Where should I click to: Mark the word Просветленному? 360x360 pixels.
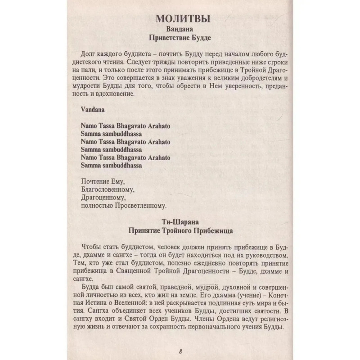[x=141, y=207]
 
